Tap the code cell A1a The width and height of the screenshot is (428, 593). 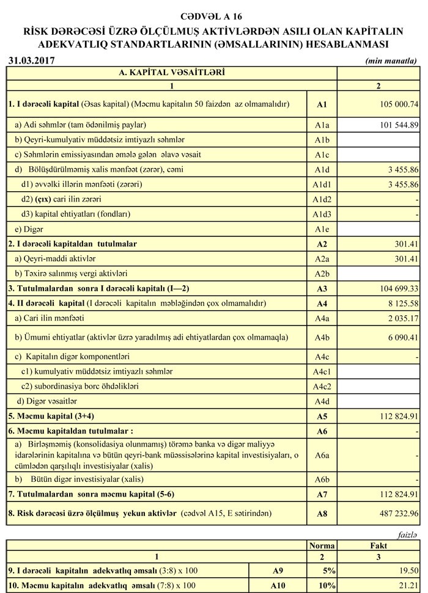[322, 125]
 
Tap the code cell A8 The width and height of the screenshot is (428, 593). [322, 514]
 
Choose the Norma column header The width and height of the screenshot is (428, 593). [322, 545]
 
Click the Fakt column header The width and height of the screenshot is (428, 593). [379, 545]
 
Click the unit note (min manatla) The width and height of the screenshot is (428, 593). [391, 60]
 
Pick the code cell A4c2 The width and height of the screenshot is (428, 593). [322, 386]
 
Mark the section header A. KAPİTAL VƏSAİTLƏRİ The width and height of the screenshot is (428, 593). [171, 72]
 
